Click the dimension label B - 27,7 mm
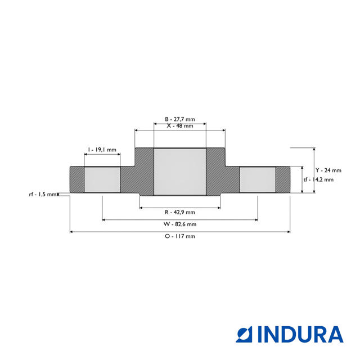180,119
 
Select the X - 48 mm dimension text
180,127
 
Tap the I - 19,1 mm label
102,150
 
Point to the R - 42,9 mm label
180,212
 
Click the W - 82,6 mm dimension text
180,224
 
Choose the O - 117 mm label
180,236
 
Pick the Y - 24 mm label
328,170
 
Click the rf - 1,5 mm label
43,194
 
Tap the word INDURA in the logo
300,334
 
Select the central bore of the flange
180,172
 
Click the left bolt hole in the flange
102,179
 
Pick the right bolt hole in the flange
258,179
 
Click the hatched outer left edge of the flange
76,179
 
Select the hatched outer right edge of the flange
283,179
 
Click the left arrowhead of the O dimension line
71,231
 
